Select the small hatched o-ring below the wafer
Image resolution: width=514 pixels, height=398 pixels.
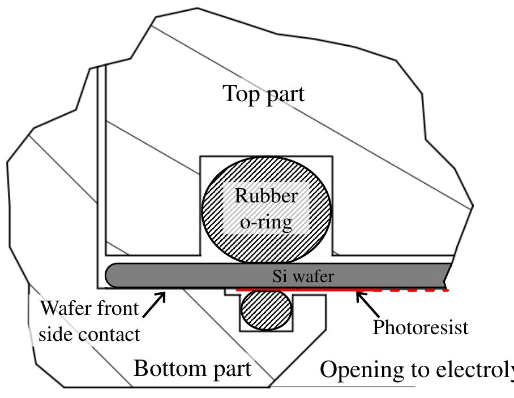[266, 309]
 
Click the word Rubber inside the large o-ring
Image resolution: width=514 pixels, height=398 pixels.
[266, 196]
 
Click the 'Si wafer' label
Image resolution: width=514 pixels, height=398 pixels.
[303, 276]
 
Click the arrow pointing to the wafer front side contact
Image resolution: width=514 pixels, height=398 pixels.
[154, 304]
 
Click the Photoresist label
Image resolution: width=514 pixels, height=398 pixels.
[420, 327]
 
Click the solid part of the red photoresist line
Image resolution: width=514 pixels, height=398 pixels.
[294, 289]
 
